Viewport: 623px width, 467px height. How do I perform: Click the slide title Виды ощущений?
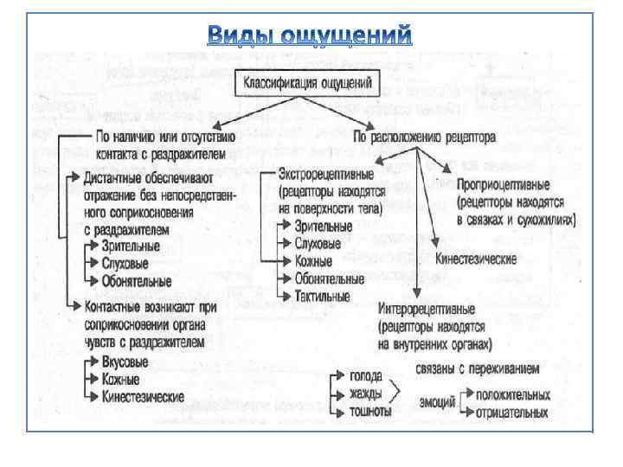coord(311,35)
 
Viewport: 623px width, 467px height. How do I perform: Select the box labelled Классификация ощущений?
coord(306,84)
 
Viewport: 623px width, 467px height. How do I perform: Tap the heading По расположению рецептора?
coord(425,137)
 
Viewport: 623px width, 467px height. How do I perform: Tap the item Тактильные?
coord(322,296)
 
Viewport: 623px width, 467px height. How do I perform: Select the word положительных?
coord(511,394)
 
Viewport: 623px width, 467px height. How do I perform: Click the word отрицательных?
coord(511,412)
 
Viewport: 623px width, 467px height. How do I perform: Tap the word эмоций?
coord(438,402)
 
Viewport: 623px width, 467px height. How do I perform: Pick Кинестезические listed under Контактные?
coord(142,396)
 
